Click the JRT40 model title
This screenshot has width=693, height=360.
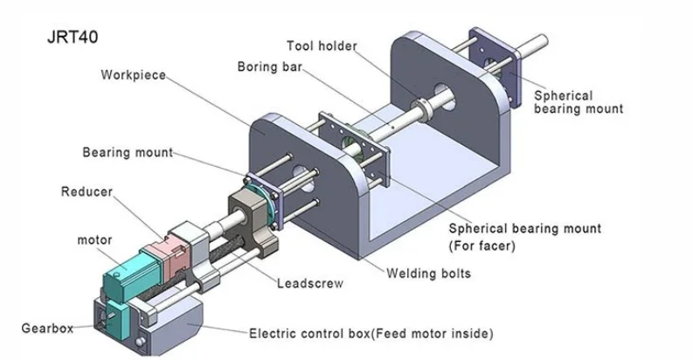73,37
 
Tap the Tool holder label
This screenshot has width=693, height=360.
322,45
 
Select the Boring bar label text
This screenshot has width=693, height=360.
270,66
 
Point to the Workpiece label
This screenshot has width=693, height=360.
133,74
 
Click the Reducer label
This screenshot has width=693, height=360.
87,191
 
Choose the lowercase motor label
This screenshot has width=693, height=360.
94,239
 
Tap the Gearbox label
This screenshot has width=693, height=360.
47,329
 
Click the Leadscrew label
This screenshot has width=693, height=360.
310,283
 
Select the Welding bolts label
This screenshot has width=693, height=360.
429,273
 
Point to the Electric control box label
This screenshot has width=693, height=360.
371,334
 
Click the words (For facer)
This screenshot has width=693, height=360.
482,246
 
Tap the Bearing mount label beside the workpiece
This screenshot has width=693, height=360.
128,152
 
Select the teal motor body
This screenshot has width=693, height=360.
132,273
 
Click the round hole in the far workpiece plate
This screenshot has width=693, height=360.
444,97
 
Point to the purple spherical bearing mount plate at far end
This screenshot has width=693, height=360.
495,66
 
